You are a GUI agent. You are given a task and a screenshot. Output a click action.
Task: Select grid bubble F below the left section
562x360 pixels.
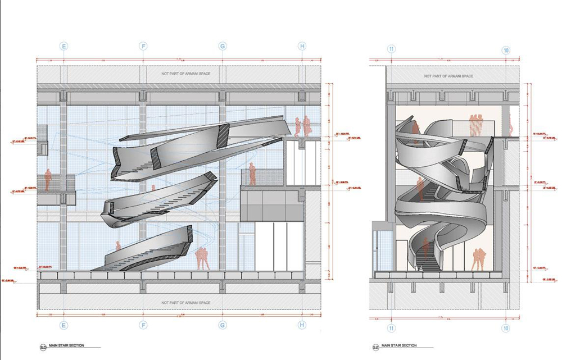pos(144,325)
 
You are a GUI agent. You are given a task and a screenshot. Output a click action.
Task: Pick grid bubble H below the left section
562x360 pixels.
pos(302,325)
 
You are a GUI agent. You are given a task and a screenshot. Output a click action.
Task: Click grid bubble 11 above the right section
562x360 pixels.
pos(391,50)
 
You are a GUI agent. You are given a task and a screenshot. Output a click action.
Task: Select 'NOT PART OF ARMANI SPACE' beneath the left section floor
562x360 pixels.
pos(185,303)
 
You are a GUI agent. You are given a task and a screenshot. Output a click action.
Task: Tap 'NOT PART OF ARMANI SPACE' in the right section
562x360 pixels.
pos(448,76)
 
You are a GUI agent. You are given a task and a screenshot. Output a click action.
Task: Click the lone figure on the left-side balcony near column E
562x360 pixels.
pos(48,180)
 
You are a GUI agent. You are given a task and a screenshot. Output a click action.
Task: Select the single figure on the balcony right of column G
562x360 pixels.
pos(252,174)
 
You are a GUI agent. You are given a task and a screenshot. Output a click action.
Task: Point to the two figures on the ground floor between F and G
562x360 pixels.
pos(202,258)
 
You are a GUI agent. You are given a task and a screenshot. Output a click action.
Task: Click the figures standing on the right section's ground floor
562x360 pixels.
pos(478,259)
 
